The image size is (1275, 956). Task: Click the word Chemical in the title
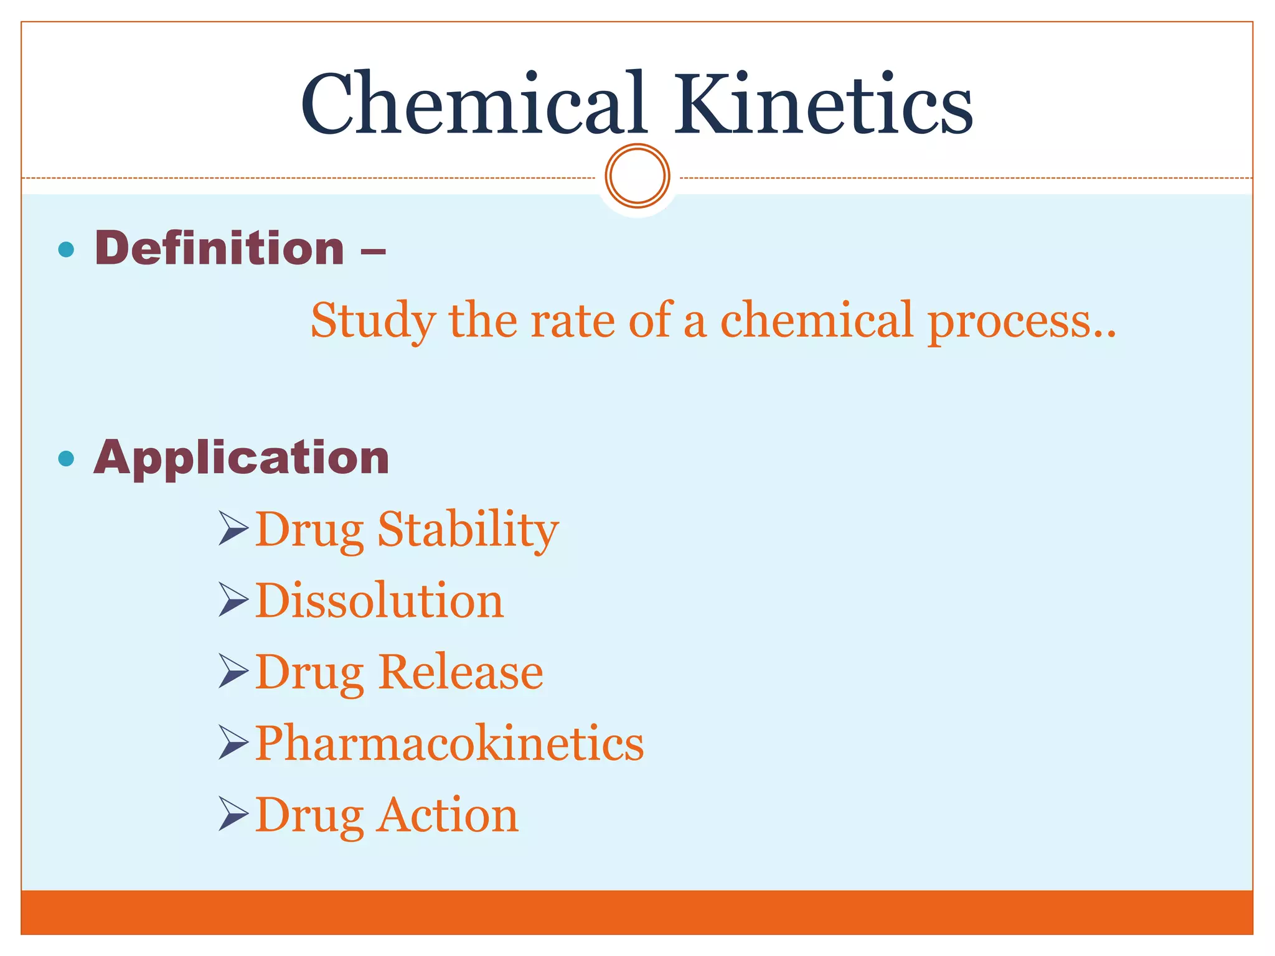coord(473,105)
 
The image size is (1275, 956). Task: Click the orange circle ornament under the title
coord(637,176)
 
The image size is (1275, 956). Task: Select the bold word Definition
coord(219,248)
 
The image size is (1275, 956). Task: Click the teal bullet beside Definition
coord(65,250)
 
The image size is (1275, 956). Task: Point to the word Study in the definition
coord(373,321)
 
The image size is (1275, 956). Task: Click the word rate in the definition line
coord(572,321)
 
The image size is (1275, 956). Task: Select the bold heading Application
coord(242,458)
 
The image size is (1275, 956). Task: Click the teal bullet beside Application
coord(65,459)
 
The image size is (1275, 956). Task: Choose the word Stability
coord(468,530)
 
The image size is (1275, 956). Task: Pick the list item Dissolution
coord(379,601)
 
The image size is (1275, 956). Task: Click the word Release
coord(461,672)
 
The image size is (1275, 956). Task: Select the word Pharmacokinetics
coord(449,743)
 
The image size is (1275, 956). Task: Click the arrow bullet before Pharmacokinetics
coord(233,743)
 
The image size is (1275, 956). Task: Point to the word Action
coord(447,815)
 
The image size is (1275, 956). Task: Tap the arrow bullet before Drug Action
coord(233,814)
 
